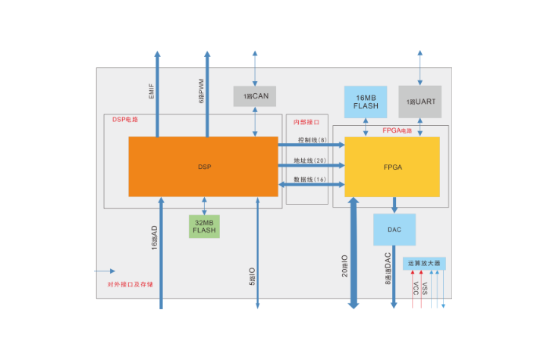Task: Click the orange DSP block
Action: click(203, 166)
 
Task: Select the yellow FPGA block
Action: click(392, 166)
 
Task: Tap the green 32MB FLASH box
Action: click(204, 226)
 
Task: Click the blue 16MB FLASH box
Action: click(366, 102)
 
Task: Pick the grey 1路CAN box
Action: click(255, 96)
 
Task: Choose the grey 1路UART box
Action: click(419, 102)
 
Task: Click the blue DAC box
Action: click(394, 229)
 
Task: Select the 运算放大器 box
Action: click(424, 263)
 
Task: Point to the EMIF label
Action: click(151, 90)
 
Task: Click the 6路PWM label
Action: click(200, 89)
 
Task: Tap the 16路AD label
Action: click(154, 238)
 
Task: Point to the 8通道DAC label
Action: click(387, 268)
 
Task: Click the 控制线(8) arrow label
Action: click(311, 139)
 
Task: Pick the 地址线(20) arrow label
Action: click(311, 160)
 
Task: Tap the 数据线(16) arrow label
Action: click(311, 180)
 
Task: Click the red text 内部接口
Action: click(306, 121)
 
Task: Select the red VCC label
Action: click(416, 289)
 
